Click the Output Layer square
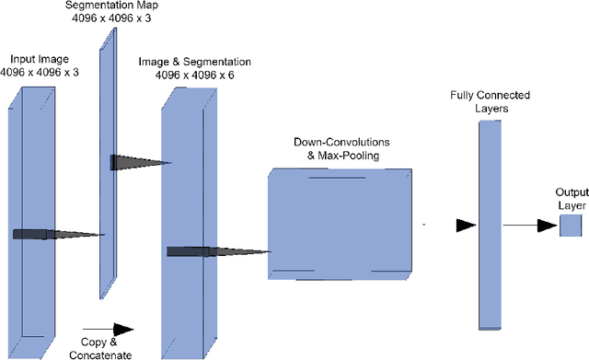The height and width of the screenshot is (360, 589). point(572,225)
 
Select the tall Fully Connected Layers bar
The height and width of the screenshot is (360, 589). point(490,225)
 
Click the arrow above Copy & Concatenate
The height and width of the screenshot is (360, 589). point(108,329)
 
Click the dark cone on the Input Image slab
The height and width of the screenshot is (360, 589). point(55,234)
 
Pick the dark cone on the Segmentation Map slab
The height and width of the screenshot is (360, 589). point(138,163)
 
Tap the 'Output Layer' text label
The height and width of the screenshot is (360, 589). point(572,198)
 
